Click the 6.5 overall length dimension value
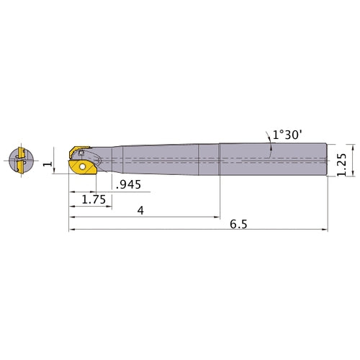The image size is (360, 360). tap(238, 225)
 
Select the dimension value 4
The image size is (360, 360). tap(140, 210)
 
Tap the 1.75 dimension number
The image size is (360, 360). tap(94, 199)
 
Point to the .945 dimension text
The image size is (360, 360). tap(129, 185)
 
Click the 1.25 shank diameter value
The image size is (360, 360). tap(342, 164)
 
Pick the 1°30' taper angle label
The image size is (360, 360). tap(287, 135)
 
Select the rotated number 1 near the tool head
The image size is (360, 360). tap(48, 164)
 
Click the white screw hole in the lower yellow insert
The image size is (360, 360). tap(83, 166)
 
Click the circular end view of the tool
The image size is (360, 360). tap(21, 160)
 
